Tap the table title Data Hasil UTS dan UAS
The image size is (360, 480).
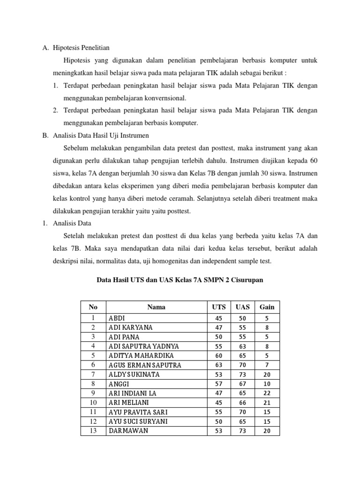[x=180, y=280]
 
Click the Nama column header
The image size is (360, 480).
[x=156, y=307]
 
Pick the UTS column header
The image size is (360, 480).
[x=218, y=307]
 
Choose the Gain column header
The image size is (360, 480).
[x=266, y=307]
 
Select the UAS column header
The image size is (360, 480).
[x=242, y=307]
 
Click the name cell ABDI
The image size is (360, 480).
[x=117, y=318]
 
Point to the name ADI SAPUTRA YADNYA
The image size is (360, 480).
[x=144, y=346]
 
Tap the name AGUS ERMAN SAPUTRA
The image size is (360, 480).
[x=145, y=365]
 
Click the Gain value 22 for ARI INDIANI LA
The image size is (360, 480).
[x=267, y=393]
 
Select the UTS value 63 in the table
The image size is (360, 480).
[x=218, y=365]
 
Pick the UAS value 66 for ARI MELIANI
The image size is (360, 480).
[x=242, y=403]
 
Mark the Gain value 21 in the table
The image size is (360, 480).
[x=267, y=403]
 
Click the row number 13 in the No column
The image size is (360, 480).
[x=93, y=431]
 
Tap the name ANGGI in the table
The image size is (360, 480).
[x=119, y=384]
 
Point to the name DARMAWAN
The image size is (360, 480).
[x=128, y=431]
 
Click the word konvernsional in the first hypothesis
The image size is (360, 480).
[x=164, y=98]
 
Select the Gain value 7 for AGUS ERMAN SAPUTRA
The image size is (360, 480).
[x=267, y=365]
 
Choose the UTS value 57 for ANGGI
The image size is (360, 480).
[x=218, y=384]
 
